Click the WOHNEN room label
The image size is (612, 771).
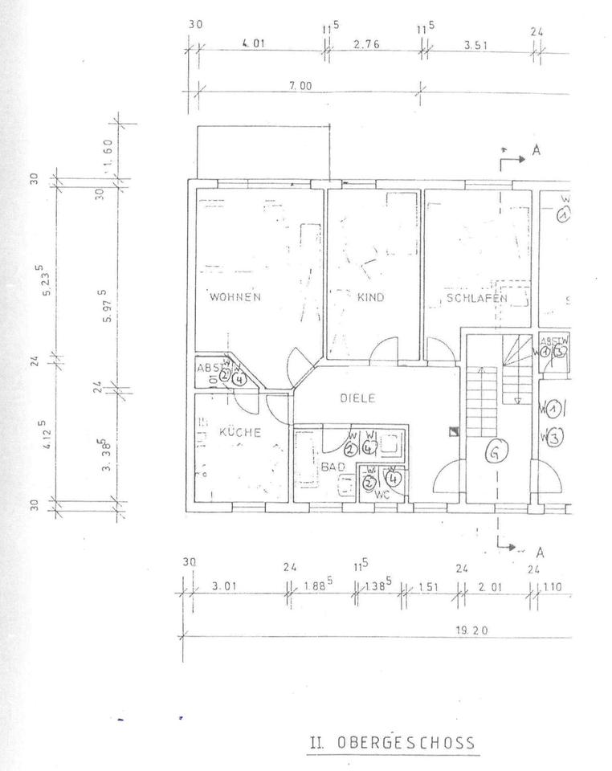235,297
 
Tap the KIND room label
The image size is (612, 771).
371,297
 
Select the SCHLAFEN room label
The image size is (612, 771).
476,298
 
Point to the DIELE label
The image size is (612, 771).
357,398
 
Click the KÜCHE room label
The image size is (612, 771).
240,433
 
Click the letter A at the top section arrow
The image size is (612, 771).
536,150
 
